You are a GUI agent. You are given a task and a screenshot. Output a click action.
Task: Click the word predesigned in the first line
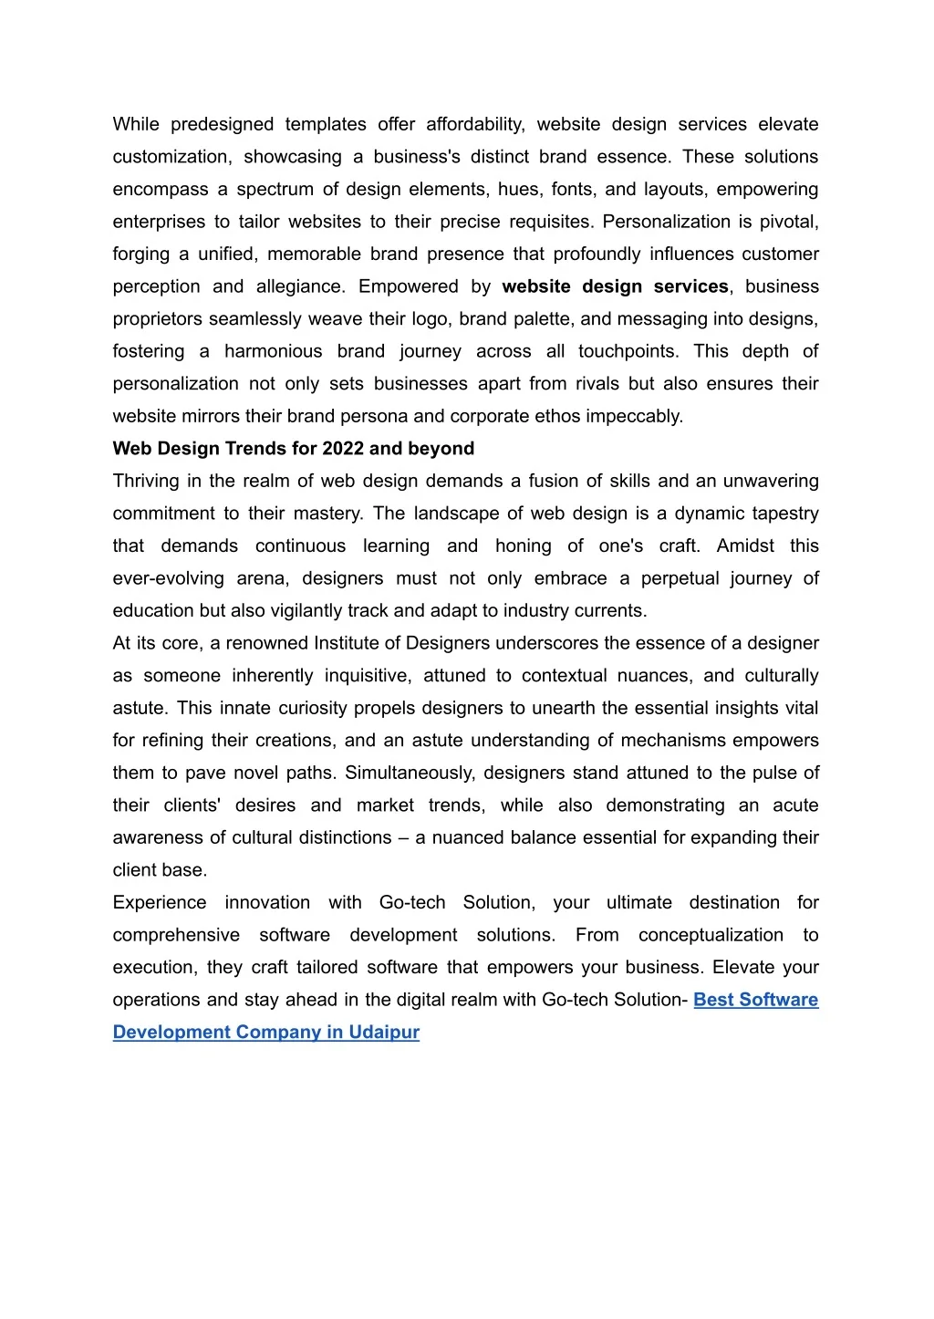pyautogui.click(x=222, y=124)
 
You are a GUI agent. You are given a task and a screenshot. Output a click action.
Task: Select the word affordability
pyautogui.click(x=475, y=124)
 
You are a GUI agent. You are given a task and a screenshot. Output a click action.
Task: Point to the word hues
pyautogui.click(x=518, y=189)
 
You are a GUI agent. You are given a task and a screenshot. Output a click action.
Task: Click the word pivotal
pyautogui.click(x=789, y=222)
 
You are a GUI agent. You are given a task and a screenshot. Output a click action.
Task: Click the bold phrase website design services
pyautogui.click(x=616, y=286)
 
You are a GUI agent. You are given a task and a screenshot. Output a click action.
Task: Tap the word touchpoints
pyautogui.click(x=628, y=351)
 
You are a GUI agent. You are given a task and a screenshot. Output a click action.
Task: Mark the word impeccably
pyautogui.click(x=634, y=416)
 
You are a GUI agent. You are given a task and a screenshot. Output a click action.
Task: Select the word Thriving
pyautogui.click(x=146, y=481)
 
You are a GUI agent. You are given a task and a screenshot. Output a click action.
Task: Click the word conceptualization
pyautogui.click(x=711, y=935)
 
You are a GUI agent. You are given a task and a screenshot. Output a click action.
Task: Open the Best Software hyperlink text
pyautogui.click(x=755, y=1000)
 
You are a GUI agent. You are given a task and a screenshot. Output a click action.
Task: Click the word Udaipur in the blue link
pyautogui.click(x=384, y=1033)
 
